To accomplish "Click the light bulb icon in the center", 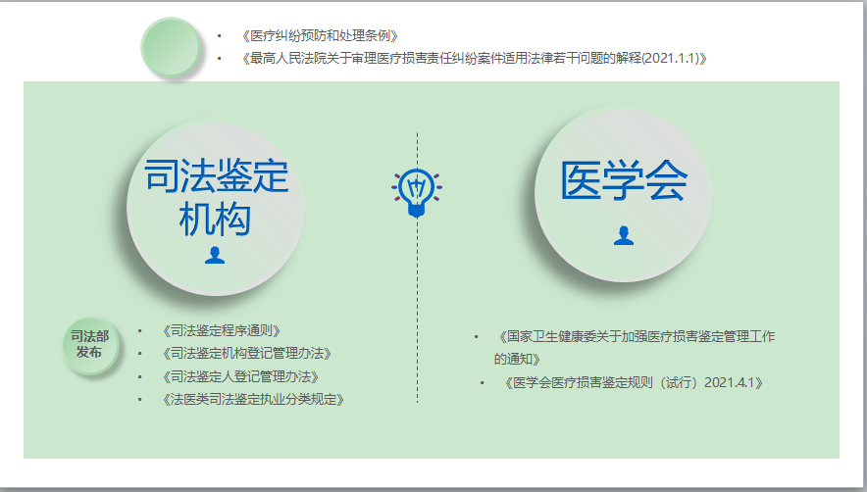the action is (x=417, y=192).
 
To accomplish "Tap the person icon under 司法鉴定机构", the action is (x=215, y=256).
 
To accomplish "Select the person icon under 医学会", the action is (x=624, y=235).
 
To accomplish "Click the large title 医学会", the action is (x=624, y=180).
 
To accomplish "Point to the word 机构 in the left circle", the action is (x=215, y=220).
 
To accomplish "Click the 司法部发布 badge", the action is (x=90, y=345).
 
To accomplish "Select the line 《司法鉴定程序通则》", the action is (x=222, y=331).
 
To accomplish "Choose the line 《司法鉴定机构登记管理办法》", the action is (x=246, y=354).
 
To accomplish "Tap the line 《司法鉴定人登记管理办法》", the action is (x=240, y=377).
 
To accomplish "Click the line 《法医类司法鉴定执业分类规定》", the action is (x=253, y=400).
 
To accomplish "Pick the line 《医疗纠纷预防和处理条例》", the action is (x=320, y=36).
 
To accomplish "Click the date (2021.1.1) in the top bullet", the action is (x=671, y=58).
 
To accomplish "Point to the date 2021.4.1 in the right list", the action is (x=730, y=382).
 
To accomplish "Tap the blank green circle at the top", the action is (x=172, y=47).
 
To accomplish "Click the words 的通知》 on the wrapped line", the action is (x=517, y=360).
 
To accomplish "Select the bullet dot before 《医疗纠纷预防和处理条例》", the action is (x=220, y=36).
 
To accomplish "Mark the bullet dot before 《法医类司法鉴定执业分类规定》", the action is (x=140, y=399).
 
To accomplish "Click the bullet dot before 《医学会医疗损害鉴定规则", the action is (x=483, y=382).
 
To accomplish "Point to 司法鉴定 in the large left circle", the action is (x=216, y=176).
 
